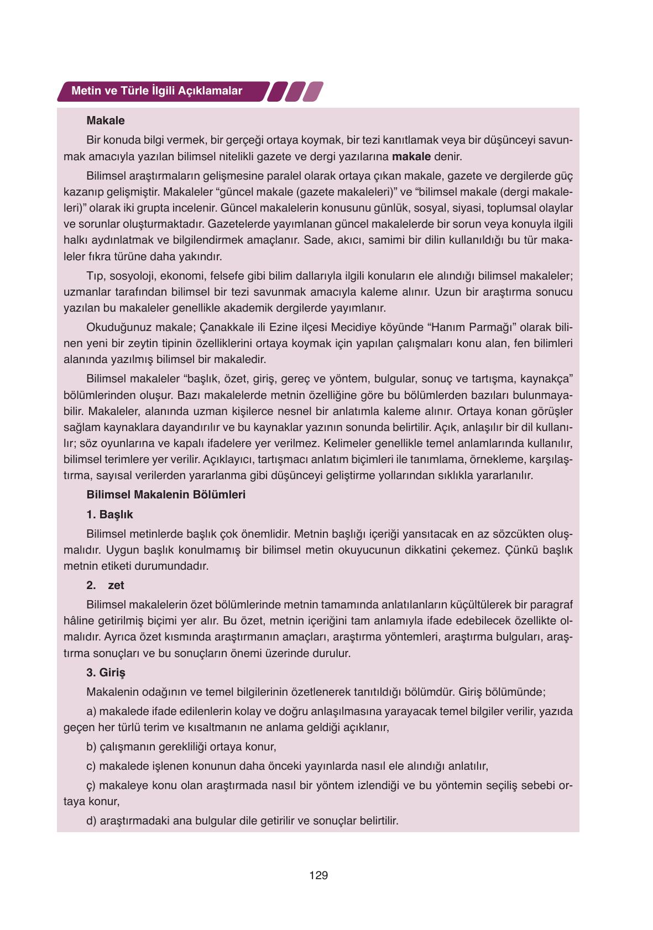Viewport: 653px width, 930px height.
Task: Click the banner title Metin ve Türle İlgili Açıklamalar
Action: coord(156,91)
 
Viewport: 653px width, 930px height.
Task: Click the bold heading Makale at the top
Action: coord(106,120)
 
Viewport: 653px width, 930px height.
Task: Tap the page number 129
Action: coord(318,875)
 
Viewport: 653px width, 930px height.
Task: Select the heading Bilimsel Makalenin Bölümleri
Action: coord(166,495)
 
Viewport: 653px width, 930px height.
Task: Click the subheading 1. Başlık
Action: coord(109,514)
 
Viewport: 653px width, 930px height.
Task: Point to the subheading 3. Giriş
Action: coord(106,672)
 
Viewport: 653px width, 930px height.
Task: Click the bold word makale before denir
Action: coord(411,156)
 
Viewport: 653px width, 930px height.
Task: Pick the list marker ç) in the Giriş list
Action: coord(91,785)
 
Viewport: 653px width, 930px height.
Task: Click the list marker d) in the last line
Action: coord(92,821)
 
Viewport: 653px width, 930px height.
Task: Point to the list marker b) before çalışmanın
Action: coord(92,747)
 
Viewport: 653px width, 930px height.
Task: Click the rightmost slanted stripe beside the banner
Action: coord(314,92)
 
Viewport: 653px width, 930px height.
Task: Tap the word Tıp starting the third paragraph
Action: coord(95,276)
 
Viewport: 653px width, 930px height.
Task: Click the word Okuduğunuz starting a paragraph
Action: coord(113,327)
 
